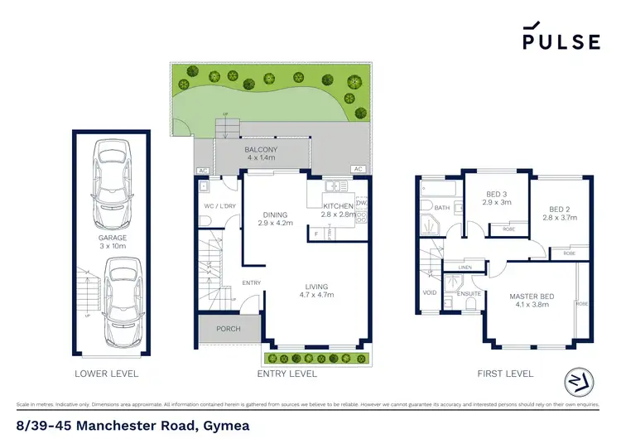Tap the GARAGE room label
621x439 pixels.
coord(113,238)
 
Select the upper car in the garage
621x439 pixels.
coord(112,178)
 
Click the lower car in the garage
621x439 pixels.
coord(121,303)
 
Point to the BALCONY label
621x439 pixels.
coord(262,149)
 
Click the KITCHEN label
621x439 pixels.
coord(338,205)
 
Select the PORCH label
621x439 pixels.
coord(228,329)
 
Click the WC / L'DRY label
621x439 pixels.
coord(218,206)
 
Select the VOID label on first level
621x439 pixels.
coord(430,292)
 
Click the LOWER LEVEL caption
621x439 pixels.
coord(107,374)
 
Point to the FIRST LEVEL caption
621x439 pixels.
coord(505,374)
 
